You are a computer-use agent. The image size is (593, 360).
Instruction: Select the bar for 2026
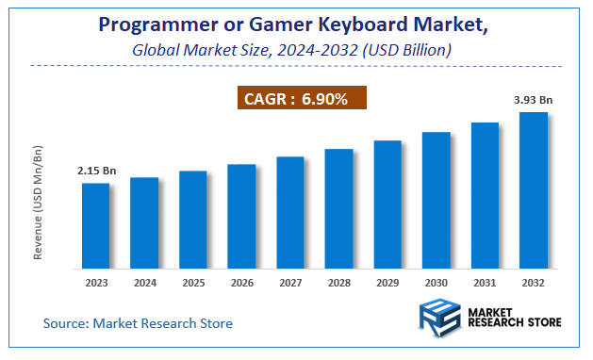coord(241,215)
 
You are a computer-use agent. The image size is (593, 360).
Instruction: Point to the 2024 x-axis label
coord(144,282)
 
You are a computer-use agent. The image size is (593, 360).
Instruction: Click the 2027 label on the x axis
coord(290,282)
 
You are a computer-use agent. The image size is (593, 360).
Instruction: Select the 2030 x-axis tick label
coord(436,282)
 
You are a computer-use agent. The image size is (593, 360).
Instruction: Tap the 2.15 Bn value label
coord(96,171)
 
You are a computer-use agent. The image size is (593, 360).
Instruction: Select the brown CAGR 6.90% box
coord(301,98)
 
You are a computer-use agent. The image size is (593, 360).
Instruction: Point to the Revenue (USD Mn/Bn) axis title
coord(39,203)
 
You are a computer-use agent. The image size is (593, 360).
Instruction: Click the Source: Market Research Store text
coord(138,323)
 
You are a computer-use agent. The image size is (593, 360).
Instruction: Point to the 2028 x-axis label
coord(338,282)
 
